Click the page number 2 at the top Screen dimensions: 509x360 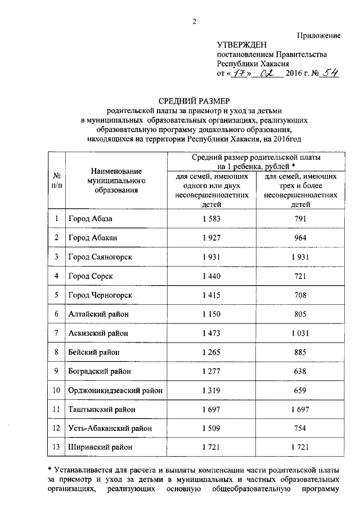tap(195, 21)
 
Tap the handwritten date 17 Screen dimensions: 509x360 tap(237, 73)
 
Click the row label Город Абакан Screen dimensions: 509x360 tap(93, 237)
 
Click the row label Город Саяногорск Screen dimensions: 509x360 tap(100, 256)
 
